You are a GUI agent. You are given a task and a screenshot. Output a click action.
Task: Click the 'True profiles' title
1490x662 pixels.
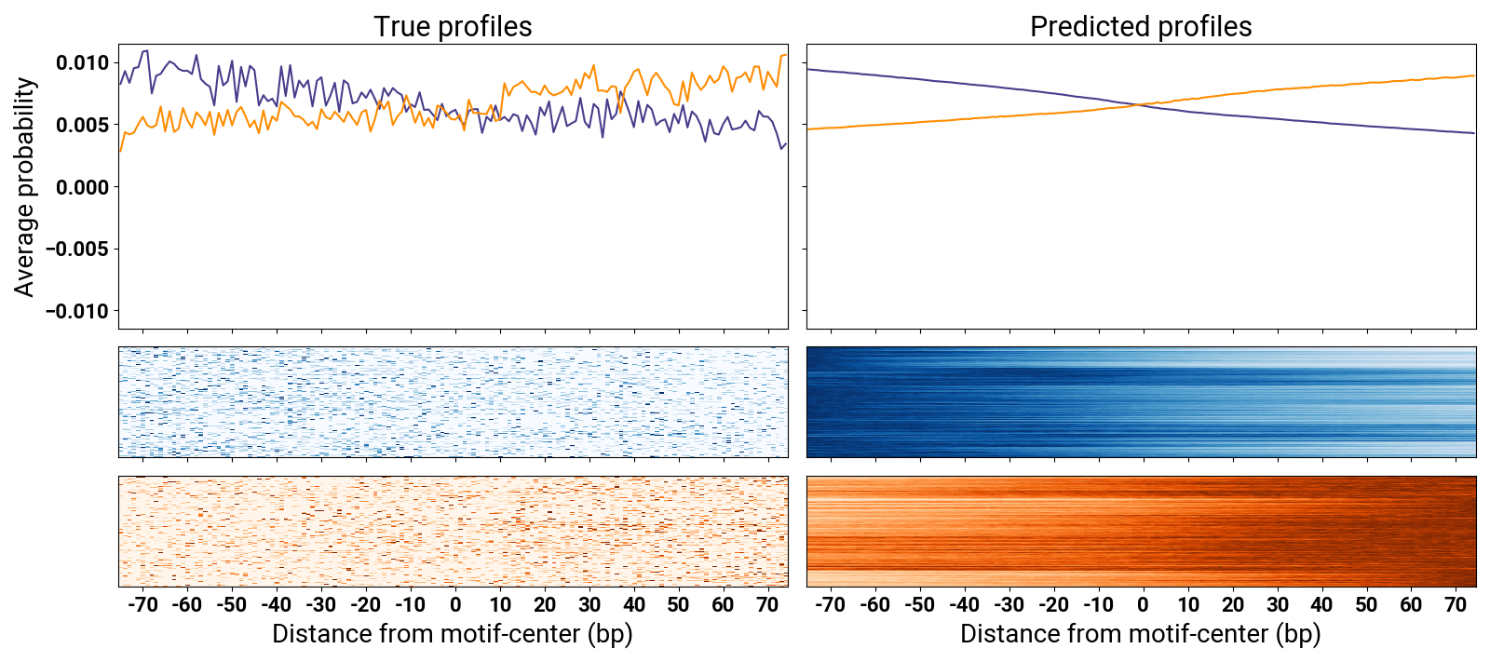(x=453, y=27)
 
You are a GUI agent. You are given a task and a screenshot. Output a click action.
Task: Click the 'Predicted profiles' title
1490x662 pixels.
(x=1141, y=27)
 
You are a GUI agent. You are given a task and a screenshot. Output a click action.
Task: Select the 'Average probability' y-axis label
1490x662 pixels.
(x=24, y=187)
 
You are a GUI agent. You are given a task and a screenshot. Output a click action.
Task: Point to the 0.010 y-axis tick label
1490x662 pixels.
(x=82, y=63)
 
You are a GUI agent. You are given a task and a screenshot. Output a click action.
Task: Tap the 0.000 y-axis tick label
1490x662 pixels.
(x=82, y=187)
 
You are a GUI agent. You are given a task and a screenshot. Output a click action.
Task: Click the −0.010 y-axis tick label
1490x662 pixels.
(x=76, y=311)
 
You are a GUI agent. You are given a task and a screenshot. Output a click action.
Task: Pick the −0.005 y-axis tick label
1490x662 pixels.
(x=76, y=250)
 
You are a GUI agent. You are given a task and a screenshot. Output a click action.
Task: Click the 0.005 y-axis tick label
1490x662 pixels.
(x=82, y=125)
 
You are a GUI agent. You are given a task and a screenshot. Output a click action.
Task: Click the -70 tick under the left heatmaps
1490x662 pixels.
(x=142, y=604)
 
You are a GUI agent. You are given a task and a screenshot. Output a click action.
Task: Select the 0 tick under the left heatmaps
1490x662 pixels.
(x=455, y=604)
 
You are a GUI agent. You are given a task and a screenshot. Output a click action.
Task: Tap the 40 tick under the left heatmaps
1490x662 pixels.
(x=634, y=604)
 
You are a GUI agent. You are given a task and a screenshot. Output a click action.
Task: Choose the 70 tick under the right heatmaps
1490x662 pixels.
(x=1456, y=604)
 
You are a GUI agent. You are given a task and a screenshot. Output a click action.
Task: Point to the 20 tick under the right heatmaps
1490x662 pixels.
(x=1233, y=604)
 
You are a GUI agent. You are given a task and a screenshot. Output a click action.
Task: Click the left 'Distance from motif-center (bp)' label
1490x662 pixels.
(x=453, y=634)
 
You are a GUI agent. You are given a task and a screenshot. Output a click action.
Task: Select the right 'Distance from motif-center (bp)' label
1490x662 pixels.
(x=1141, y=634)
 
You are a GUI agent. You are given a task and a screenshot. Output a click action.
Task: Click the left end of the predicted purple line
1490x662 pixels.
(x=808, y=69)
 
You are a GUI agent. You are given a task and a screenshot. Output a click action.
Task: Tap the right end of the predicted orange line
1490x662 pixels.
(x=1474, y=75)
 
